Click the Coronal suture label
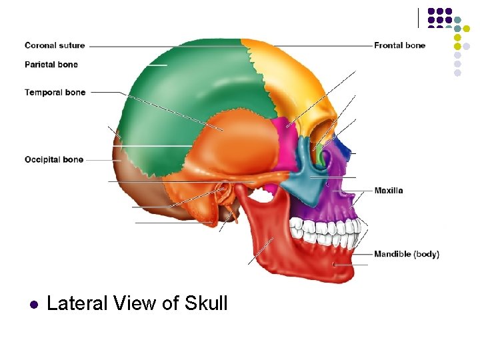pyautogui.click(x=55, y=45)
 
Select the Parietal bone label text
pyautogui.click(x=51, y=65)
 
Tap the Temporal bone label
pyautogui.click(x=55, y=93)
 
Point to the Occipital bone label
pyautogui.click(x=54, y=160)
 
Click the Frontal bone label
pyautogui.click(x=399, y=45)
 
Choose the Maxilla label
pyautogui.click(x=389, y=191)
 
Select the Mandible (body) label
pyautogui.click(x=407, y=254)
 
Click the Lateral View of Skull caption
pyautogui.click(x=137, y=304)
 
